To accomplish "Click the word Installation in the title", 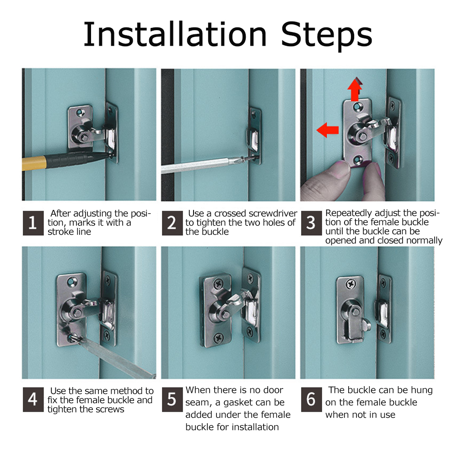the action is (175, 34).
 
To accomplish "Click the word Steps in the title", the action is (327, 37).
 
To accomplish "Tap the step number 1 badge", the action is (33, 223).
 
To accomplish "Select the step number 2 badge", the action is (172, 223).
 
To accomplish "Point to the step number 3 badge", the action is (312, 223).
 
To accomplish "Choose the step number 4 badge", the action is (33, 399).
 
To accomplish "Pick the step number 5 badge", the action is (172, 399).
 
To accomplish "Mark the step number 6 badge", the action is (312, 399).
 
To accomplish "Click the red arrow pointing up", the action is (355, 89).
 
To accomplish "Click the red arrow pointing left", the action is (328, 130).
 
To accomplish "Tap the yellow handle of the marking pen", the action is (34, 163).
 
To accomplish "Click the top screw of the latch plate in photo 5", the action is (218, 284).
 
